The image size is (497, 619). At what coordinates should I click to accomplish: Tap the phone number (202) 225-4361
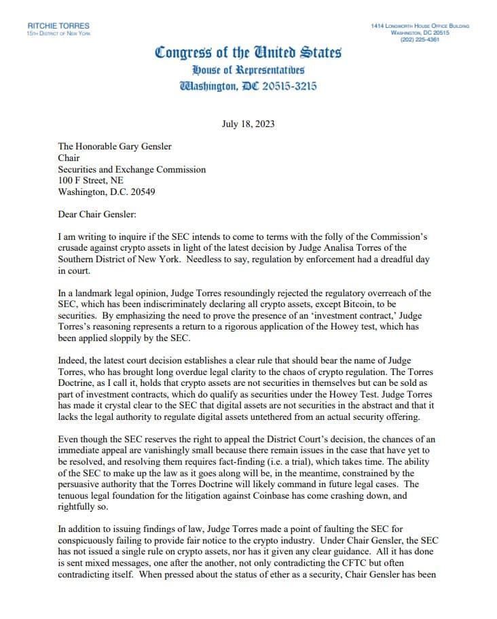[x=420, y=39]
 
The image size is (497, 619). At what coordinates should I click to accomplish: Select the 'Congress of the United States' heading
[x=248, y=52]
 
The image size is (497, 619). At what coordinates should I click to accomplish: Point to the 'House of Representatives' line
[x=248, y=70]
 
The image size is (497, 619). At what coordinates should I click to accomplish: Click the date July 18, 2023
[x=248, y=124]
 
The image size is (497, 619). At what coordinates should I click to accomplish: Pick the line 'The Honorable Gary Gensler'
[x=115, y=147]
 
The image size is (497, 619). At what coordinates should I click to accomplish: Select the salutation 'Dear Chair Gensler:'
[x=98, y=214]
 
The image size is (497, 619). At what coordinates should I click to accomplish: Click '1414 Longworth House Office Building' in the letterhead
[x=420, y=25]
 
